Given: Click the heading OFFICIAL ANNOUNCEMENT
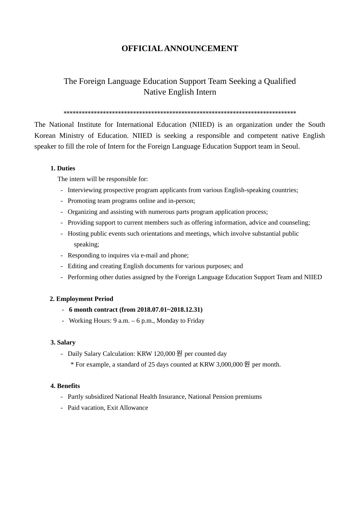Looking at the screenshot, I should pos(180,48).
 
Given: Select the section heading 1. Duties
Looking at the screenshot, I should pos(63,169).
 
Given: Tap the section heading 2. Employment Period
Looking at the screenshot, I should pos(81,299).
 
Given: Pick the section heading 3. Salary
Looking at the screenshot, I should pos(63,342).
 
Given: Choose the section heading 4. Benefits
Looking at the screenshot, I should pos(65,386).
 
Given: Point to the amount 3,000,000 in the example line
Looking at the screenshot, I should pos(229,364).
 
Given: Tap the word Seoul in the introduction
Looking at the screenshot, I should pos(290,147).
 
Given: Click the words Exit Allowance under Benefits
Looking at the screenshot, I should pos(127,408).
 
